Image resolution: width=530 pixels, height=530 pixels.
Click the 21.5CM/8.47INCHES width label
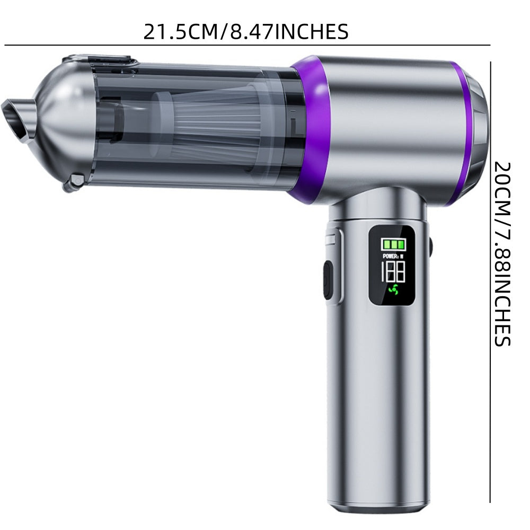pos(246,32)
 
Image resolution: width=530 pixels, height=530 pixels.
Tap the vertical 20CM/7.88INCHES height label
pos(502,254)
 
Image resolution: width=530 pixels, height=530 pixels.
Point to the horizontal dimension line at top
pos(247,45)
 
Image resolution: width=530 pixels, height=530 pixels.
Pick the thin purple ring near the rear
pos(462,134)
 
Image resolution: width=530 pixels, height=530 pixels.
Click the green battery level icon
pos(393,244)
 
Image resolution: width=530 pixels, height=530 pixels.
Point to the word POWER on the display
pos(390,256)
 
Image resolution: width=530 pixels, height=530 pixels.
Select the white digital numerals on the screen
pos(393,272)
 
